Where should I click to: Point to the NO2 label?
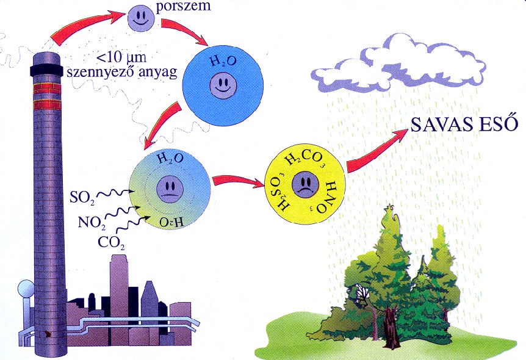[90, 221]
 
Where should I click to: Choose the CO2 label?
[111, 242]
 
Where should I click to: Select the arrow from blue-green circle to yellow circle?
[235, 181]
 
